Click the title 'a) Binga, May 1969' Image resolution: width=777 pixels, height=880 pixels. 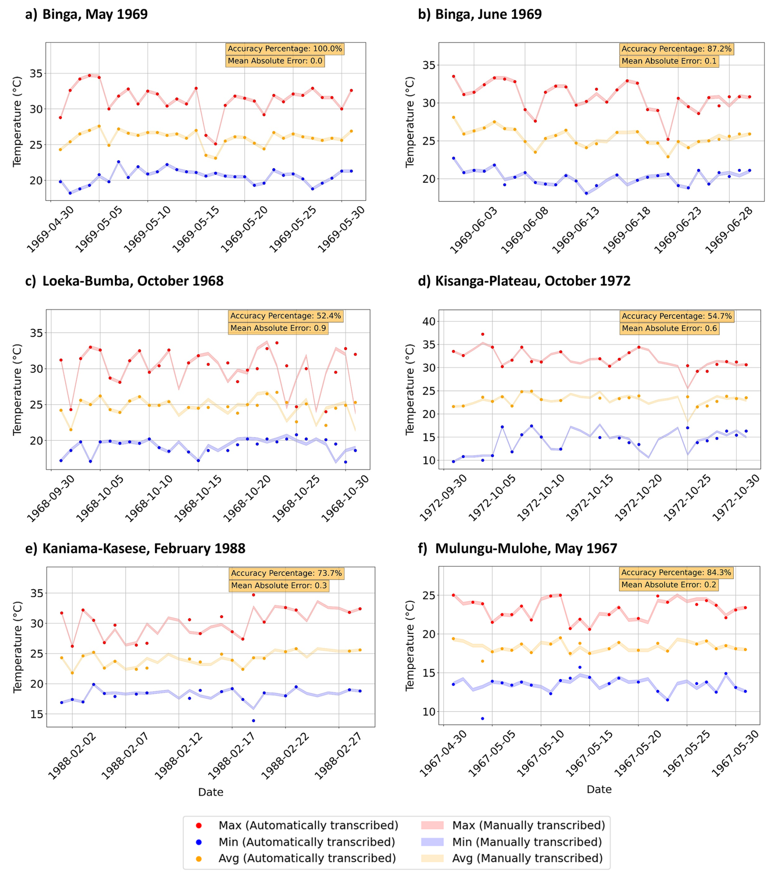[x=86, y=14]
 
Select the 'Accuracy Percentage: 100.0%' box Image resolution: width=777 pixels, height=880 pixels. [x=285, y=49]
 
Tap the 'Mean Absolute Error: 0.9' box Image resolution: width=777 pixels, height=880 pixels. [x=278, y=328]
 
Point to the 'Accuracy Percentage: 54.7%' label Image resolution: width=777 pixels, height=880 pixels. [x=677, y=316]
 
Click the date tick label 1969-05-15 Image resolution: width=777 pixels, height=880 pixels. [x=196, y=229]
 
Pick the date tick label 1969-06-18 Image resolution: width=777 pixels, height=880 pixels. [x=627, y=230]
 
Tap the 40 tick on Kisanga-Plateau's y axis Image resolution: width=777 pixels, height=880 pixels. [x=429, y=321]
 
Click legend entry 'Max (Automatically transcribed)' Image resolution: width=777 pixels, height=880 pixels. [x=308, y=825]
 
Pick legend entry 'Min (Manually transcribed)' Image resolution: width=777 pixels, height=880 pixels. [x=526, y=842]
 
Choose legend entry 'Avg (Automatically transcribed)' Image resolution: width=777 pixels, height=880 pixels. [x=307, y=858]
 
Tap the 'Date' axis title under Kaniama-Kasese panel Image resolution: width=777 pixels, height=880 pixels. [x=211, y=792]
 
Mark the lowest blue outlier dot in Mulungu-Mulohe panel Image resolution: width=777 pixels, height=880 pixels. [x=483, y=719]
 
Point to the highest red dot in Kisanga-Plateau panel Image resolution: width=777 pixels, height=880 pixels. [x=483, y=334]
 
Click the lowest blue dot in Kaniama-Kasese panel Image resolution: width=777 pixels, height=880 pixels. [x=253, y=721]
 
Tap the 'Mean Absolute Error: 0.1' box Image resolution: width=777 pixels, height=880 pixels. [x=669, y=61]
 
